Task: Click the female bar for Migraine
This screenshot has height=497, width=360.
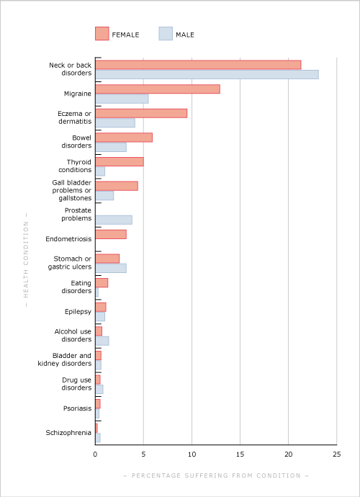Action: [158, 89]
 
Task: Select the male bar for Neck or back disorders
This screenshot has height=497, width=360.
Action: [207, 74]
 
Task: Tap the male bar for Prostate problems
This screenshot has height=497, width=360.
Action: [114, 220]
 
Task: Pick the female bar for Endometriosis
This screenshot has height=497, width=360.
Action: [111, 234]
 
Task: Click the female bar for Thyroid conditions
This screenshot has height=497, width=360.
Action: [120, 161]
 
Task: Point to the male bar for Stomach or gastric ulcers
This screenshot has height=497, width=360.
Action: [111, 268]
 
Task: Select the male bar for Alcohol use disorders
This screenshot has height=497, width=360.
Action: [102, 341]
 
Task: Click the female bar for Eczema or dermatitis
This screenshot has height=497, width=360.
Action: [141, 113]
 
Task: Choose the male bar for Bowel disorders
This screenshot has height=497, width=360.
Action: [111, 147]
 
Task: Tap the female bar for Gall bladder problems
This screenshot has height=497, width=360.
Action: [117, 186]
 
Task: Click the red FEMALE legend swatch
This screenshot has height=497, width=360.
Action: [102, 34]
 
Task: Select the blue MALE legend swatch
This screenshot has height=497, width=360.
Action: [166, 34]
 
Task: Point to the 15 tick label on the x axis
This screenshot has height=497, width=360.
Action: [240, 455]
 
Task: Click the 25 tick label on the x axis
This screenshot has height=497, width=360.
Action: [337, 455]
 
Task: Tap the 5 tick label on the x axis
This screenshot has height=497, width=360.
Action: [143, 455]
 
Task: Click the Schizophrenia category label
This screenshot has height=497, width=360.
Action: [68, 433]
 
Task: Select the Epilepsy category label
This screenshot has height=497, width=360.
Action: [78, 312]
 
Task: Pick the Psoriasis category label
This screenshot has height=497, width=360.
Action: [77, 408]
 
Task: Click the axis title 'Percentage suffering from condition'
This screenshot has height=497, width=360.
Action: [216, 475]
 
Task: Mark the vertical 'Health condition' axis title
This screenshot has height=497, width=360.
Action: [26, 259]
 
